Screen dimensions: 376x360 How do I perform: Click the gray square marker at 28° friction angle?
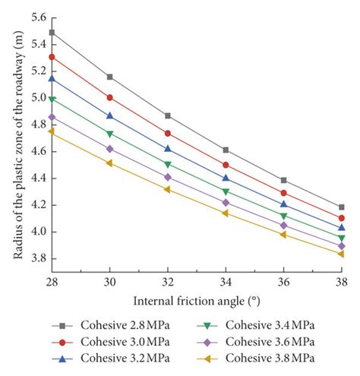(x=52, y=33)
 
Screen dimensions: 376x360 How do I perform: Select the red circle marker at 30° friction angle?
(x=110, y=97)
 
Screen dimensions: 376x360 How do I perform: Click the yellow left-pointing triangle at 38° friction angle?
(x=341, y=254)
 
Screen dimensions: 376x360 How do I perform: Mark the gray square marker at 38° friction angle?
(x=341, y=207)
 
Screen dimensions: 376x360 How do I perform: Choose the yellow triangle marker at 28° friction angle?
(x=52, y=131)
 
